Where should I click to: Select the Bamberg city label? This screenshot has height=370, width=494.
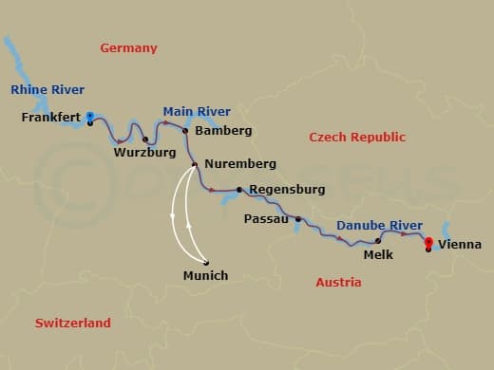222,130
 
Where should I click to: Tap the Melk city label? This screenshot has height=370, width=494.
379,255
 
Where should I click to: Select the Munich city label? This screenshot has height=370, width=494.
205,276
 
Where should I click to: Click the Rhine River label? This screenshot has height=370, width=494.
43,90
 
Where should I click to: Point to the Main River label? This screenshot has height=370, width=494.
192,110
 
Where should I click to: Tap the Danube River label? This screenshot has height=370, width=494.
379,225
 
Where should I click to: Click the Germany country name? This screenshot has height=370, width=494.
129,47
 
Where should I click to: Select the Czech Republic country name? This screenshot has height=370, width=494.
357,138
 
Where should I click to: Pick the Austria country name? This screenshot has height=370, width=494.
338,282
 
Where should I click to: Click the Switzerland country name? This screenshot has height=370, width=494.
73,323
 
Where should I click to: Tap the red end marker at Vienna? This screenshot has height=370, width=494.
428,242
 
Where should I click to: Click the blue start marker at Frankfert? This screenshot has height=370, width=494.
89,117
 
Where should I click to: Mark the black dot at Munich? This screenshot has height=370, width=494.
205,263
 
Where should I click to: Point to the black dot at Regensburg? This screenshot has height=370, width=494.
239,189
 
